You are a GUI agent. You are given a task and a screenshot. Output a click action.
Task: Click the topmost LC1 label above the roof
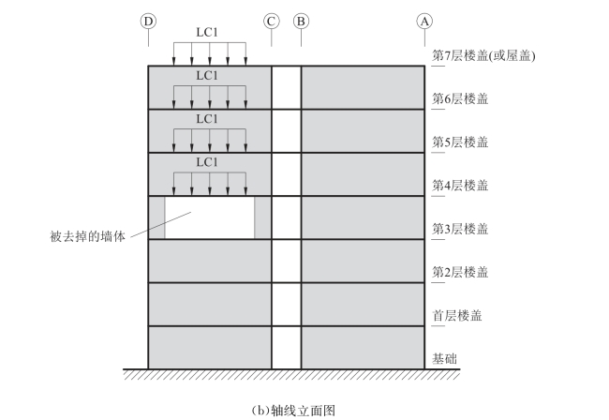(207, 31)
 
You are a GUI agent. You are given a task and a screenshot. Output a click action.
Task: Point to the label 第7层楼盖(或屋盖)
(488, 55)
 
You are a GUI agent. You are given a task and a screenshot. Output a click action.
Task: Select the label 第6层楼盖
(460, 98)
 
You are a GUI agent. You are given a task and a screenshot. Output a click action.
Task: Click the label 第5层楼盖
(460, 142)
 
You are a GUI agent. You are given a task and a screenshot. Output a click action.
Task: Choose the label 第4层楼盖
(460, 186)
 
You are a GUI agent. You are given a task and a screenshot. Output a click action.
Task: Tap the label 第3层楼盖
(460, 229)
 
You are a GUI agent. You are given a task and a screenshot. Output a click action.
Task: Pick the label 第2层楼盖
(460, 272)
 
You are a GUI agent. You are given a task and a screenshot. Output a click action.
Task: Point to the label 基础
(445, 358)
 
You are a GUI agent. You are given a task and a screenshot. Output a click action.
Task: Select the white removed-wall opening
(210, 217)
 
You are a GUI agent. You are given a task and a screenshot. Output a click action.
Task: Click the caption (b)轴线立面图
(294, 410)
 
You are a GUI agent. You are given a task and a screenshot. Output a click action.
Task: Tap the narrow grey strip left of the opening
(156, 217)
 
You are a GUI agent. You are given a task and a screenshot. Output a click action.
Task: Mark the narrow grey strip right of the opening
(261, 217)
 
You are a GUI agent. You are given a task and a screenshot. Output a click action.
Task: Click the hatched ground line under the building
(291, 372)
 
